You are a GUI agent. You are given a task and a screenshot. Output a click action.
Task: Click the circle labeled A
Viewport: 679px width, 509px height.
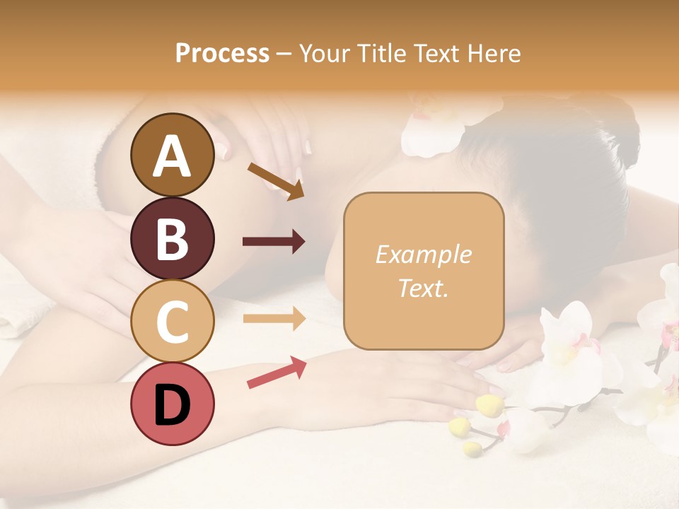tap(172, 156)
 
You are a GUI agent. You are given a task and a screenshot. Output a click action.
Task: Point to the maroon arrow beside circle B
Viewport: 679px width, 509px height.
tap(274, 242)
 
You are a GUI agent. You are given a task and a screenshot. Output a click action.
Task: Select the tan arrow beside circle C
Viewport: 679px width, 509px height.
tap(274, 319)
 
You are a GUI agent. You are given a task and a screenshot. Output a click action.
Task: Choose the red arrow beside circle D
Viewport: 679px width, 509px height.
tap(277, 373)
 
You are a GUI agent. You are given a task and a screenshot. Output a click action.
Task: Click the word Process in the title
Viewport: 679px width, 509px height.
tap(222, 54)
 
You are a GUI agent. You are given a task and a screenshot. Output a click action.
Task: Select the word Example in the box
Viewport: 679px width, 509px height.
tap(423, 255)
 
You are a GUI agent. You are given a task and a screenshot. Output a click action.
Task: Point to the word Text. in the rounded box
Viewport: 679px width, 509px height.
tap(423, 288)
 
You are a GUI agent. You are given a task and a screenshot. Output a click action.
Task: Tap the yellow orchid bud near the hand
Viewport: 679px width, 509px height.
tap(489, 404)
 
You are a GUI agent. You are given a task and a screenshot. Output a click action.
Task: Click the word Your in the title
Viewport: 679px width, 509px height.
tap(323, 54)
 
